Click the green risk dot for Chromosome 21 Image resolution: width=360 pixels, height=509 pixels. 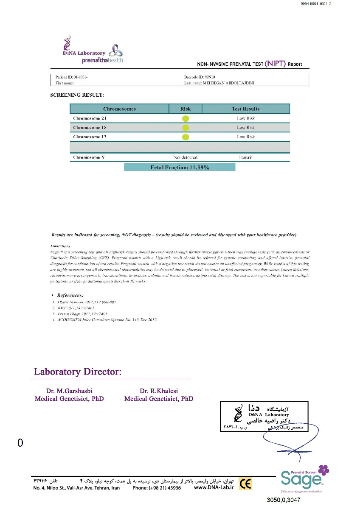(186, 118)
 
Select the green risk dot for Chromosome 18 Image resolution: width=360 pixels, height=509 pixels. (186, 128)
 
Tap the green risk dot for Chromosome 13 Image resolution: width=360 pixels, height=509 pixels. (186, 137)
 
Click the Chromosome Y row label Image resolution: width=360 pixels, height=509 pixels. (89, 157)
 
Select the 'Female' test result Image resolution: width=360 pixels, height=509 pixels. (246, 157)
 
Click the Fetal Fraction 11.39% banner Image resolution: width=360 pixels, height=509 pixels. (180, 168)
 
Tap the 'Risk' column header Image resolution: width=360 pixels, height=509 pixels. (186, 109)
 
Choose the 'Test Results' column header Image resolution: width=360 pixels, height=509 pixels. (246, 109)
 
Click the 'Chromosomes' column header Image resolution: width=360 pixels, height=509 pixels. (119, 109)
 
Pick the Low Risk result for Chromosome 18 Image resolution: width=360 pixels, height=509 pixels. (246, 128)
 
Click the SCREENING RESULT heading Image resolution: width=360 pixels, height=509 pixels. (77, 95)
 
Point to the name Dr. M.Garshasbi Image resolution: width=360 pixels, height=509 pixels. (69, 391)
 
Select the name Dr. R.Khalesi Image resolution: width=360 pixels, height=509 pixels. (159, 391)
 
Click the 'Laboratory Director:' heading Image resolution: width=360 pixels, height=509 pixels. (78, 372)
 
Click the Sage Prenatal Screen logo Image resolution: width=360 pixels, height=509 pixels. (304, 478)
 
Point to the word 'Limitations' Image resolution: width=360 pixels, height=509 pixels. (60, 246)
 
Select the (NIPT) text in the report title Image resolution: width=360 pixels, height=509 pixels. (275, 64)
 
